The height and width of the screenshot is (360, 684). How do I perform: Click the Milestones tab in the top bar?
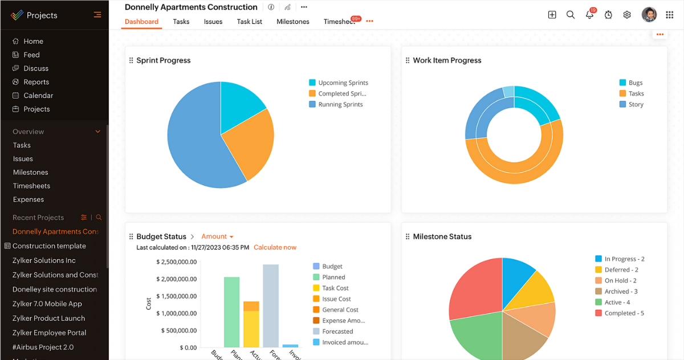pos(292,22)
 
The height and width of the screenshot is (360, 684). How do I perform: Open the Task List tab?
pos(250,22)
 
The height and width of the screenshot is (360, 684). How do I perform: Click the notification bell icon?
pos(589,15)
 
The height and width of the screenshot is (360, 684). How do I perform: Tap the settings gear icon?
pos(627,15)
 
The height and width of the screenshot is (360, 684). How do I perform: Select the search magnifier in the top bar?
pos(571,15)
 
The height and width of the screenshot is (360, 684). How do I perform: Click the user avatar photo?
pos(649,15)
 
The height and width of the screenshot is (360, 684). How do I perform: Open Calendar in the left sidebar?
pos(38,96)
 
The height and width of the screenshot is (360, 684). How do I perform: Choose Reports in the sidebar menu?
pos(36,82)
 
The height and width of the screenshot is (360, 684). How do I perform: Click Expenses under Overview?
pos(28,199)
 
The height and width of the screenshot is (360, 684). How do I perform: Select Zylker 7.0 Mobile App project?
pos(47,304)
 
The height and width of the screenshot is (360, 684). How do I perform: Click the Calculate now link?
pos(275,247)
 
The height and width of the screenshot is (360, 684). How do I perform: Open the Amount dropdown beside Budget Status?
pos(217,236)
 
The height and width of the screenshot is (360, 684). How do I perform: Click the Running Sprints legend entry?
pos(340,104)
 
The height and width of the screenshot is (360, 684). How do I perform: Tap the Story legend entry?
pos(636,104)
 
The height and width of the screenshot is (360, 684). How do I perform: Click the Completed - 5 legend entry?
pos(624,313)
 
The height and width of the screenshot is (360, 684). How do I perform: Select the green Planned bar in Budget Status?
pos(231,312)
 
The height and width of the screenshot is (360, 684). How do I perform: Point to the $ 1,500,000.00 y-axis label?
pos(176,296)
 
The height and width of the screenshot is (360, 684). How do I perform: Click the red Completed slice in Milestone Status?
pos(473,288)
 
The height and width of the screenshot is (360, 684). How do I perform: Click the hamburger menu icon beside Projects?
pos(97,15)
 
